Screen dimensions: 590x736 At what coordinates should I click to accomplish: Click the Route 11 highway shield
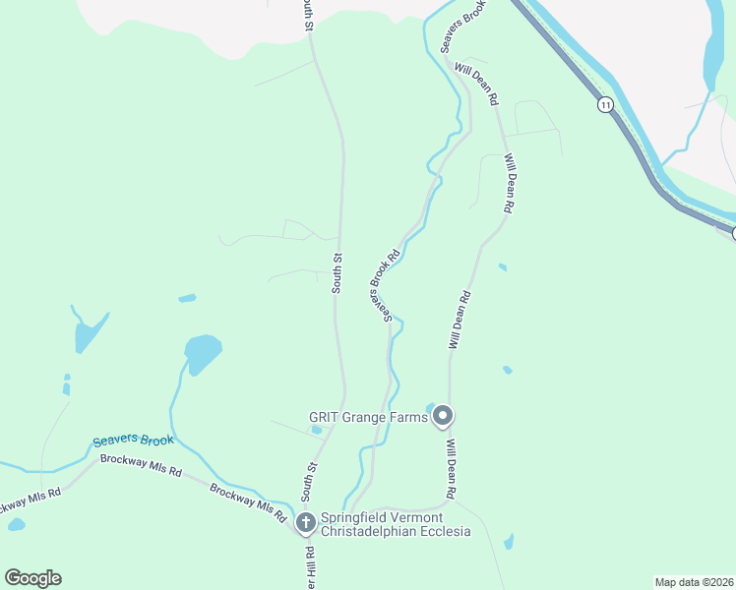tap(603, 104)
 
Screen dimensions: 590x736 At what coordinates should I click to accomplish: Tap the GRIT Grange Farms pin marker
tap(443, 417)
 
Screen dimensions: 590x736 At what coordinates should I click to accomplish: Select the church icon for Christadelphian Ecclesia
tap(306, 522)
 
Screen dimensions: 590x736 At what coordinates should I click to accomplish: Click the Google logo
tap(32, 578)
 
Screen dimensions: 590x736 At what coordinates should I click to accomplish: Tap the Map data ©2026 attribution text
tap(694, 582)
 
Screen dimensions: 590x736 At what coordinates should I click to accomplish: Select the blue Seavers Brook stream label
tap(133, 442)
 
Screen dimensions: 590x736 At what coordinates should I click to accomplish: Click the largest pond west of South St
tap(202, 352)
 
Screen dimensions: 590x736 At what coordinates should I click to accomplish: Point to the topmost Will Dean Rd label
tap(476, 86)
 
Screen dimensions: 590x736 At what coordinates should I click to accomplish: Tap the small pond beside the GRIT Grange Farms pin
tap(430, 407)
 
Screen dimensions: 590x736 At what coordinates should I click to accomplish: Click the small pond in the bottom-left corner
tap(16, 525)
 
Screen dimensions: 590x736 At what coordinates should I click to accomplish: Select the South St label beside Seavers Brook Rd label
tap(337, 273)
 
